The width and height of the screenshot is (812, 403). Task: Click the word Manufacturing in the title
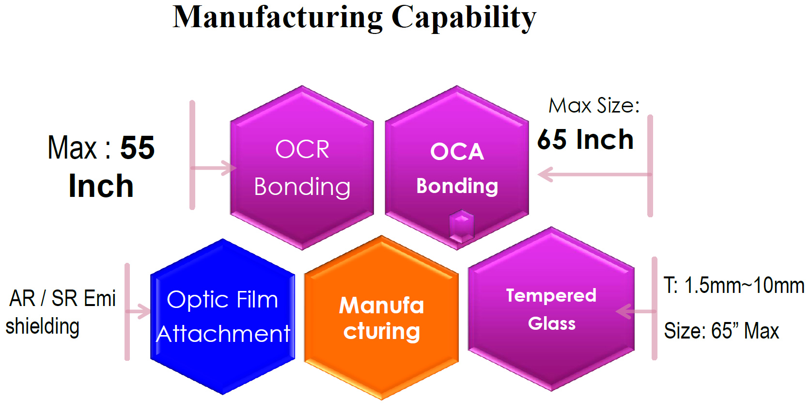tap(277, 18)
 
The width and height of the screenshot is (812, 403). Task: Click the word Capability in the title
tap(464, 18)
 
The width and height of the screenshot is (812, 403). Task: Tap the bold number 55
tap(138, 147)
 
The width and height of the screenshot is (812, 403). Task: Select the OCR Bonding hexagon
tap(302, 168)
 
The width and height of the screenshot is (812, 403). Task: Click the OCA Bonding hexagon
tap(457, 168)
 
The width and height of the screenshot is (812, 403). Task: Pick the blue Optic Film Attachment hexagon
tap(222, 316)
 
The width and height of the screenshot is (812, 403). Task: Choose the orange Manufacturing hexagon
tap(381, 318)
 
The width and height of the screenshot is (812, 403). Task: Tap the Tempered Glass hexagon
tap(551, 309)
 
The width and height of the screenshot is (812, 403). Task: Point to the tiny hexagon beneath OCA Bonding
tap(461, 226)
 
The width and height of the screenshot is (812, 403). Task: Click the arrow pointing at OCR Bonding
tap(214, 168)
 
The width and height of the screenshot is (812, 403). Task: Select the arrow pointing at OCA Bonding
tap(594, 175)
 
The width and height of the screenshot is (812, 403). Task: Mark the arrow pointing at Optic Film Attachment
tap(138, 311)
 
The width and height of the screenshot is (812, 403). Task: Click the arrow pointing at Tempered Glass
tap(636, 311)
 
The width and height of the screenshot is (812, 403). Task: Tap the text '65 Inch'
tap(585, 139)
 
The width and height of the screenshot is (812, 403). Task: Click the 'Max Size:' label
tap(594, 106)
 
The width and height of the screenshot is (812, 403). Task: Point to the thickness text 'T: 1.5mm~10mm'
tap(734, 285)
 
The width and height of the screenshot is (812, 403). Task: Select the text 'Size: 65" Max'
tap(721, 331)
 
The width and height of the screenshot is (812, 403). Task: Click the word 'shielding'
tap(43, 326)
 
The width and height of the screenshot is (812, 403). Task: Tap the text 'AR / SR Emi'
tap(62, 298)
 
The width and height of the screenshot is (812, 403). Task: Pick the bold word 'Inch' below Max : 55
tap(101, 186)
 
